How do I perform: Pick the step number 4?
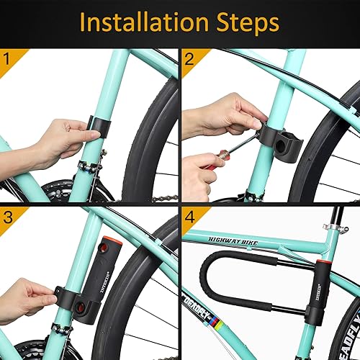(189, 216)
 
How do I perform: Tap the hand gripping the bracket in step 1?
(61, 140)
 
